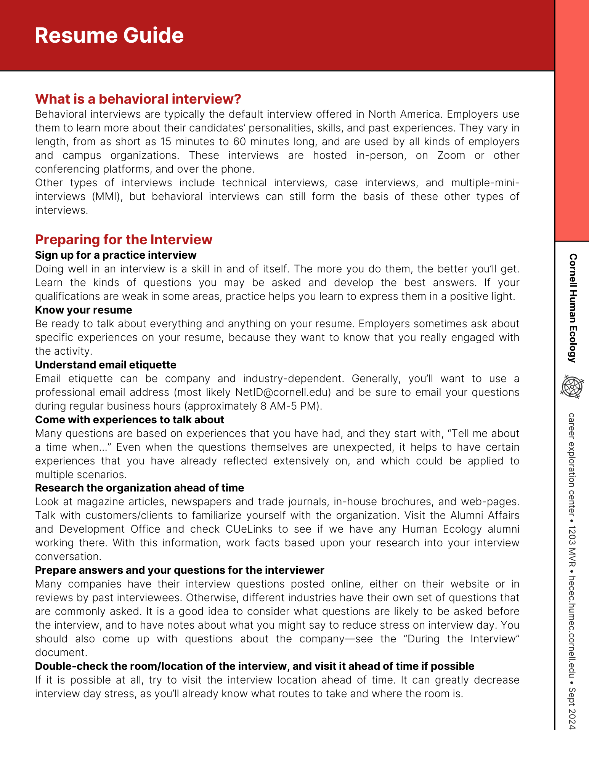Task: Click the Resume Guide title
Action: click(109, 35)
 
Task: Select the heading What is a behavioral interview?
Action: click(138, 99)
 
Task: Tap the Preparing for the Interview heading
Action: click(124, 240)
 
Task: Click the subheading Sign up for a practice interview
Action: click(116, 255)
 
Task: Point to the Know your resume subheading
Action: click(83, 310)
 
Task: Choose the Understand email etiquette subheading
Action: click(106, 365)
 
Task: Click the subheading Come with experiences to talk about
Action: click(129, 419)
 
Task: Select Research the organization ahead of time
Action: click(140, 488)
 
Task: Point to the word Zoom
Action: click(451, 155)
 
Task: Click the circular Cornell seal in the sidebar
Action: click(572, 387)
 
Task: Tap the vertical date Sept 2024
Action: click(572, 708)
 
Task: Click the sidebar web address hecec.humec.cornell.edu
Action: click(572, 624)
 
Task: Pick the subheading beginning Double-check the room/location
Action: click(254, 666)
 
